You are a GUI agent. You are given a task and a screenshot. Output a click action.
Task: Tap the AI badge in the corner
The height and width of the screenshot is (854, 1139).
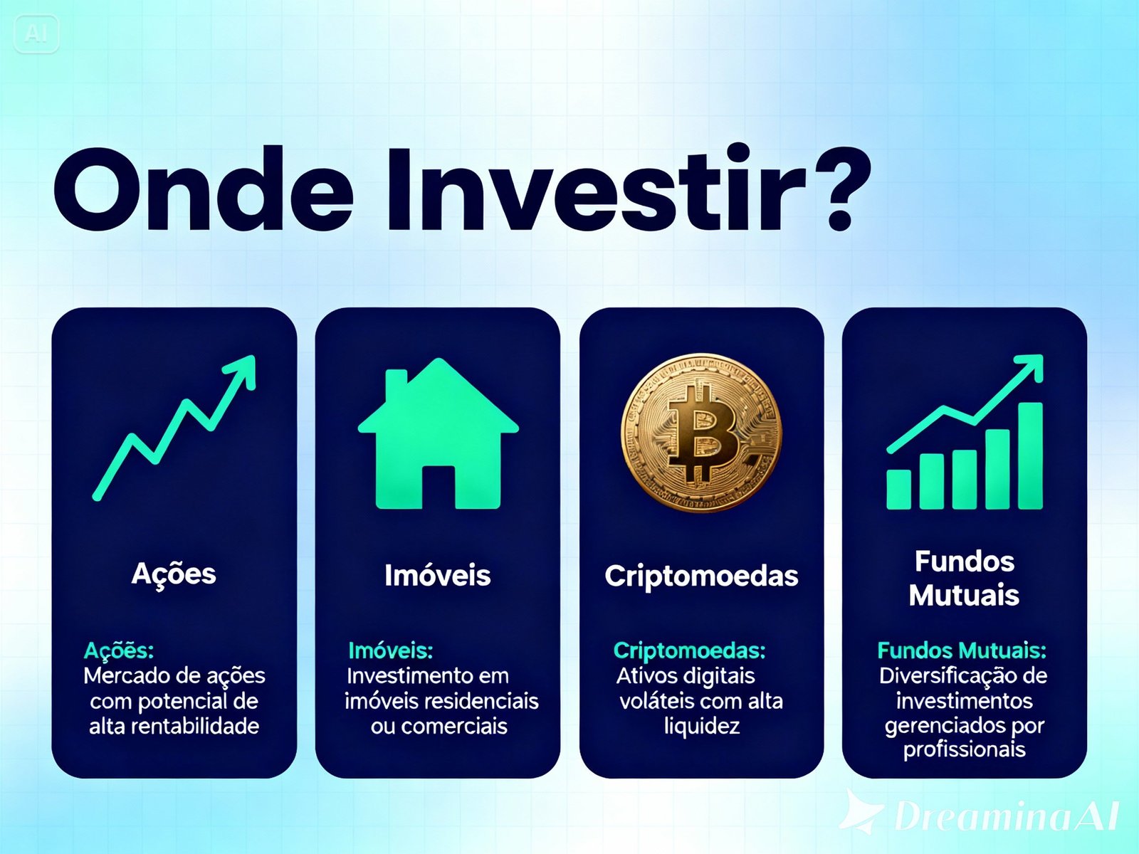tap(36, 34)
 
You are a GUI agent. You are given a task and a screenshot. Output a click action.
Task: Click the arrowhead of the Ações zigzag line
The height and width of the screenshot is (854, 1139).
tap(243, 368)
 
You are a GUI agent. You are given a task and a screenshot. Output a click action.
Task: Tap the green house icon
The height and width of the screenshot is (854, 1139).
tap(438, 433)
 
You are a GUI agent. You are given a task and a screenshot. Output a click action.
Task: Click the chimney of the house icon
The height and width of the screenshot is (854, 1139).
tap(396, 381)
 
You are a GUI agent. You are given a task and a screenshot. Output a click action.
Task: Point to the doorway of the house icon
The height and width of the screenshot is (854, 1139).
tap(439, 487)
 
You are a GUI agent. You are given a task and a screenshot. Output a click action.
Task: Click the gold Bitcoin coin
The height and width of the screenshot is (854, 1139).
tap(701, 433)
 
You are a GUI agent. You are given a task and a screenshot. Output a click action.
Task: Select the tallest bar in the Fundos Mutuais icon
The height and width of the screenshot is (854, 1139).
tap(1030, 455)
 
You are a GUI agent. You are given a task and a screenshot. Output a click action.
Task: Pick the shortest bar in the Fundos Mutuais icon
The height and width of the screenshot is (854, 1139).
tap(899, 489)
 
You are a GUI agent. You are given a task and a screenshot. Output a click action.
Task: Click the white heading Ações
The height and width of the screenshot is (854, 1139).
tap(174, 574)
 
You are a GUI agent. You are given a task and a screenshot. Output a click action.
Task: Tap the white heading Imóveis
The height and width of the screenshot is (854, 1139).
tap(437, 575)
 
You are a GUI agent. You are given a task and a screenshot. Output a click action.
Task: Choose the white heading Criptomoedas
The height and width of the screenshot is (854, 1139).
tap(701, 576)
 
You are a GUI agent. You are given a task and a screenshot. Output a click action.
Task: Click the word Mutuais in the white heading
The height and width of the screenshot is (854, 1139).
tap(964, 595)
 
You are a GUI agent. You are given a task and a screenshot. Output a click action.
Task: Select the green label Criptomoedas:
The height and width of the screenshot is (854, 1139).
tap(689, 650)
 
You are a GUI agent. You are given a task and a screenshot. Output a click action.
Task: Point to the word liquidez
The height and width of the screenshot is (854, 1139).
tap(702, 727)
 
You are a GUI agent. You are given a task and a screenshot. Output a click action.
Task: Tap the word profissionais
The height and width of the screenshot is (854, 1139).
tap(964, 749)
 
